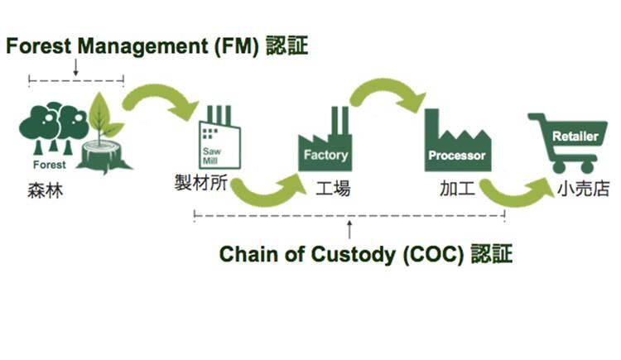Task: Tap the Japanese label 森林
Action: pyautogui.click(x=43, y=193)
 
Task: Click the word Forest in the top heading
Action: pyautogui.click(x=37, y=46)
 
